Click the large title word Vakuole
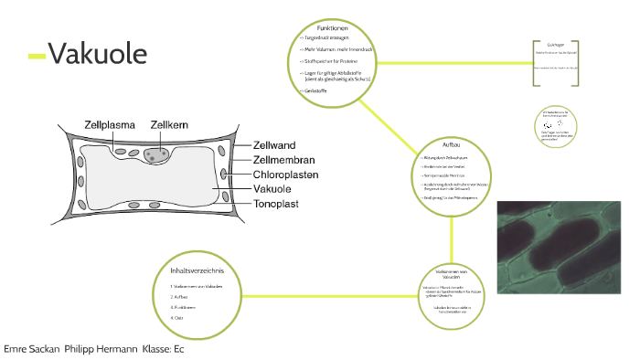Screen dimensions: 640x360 point(98,55)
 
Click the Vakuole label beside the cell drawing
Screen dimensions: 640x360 point(278,189)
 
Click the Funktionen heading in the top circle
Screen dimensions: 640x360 point(332,28)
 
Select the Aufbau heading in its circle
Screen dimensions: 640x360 point(451,146)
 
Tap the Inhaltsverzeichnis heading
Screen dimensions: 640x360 point(197,270)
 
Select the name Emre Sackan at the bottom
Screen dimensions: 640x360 point(32,350)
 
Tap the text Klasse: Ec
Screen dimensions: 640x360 point(164,350)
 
